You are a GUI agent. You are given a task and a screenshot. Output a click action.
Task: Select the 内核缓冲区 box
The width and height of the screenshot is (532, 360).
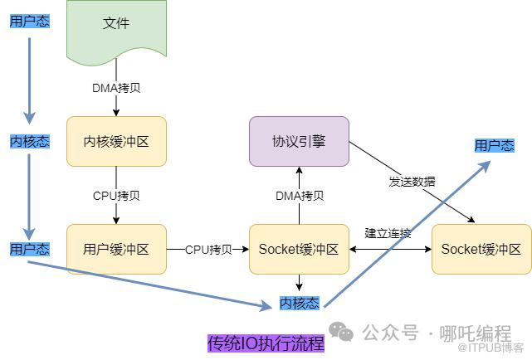point(116,141)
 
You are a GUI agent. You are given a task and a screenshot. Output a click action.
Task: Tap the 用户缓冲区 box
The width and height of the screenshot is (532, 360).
point(116,248)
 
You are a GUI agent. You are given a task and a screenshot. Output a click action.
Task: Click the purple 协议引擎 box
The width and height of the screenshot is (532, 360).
point(299,141)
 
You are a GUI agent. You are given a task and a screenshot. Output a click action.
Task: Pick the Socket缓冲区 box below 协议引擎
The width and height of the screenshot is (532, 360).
point(299,248)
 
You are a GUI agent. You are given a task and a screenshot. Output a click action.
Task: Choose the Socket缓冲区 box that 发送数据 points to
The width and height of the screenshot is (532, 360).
point(481,248)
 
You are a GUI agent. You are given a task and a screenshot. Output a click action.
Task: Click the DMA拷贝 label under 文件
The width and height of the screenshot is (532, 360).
point(116,87)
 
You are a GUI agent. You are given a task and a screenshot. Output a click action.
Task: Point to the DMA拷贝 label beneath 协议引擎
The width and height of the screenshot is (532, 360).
point(300,196)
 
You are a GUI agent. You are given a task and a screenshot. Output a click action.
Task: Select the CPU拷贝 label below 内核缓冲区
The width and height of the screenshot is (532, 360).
point(116,196)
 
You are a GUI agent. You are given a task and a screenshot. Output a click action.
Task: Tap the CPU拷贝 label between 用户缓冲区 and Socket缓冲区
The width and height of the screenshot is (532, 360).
point(207,249)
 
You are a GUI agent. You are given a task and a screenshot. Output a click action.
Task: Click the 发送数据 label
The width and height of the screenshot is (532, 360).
point(412,181)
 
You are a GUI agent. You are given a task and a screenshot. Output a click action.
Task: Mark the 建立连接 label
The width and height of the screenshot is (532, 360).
point(388,234)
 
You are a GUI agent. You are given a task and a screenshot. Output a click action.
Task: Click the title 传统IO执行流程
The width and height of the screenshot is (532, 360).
point(266,343)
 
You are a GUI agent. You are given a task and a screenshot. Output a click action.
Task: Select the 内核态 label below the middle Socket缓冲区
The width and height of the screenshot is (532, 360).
point(299,303)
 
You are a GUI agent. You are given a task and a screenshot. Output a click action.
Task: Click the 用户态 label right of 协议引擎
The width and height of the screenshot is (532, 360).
point(494,145)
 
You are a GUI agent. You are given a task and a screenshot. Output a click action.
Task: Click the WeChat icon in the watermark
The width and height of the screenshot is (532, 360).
point(341,332)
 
